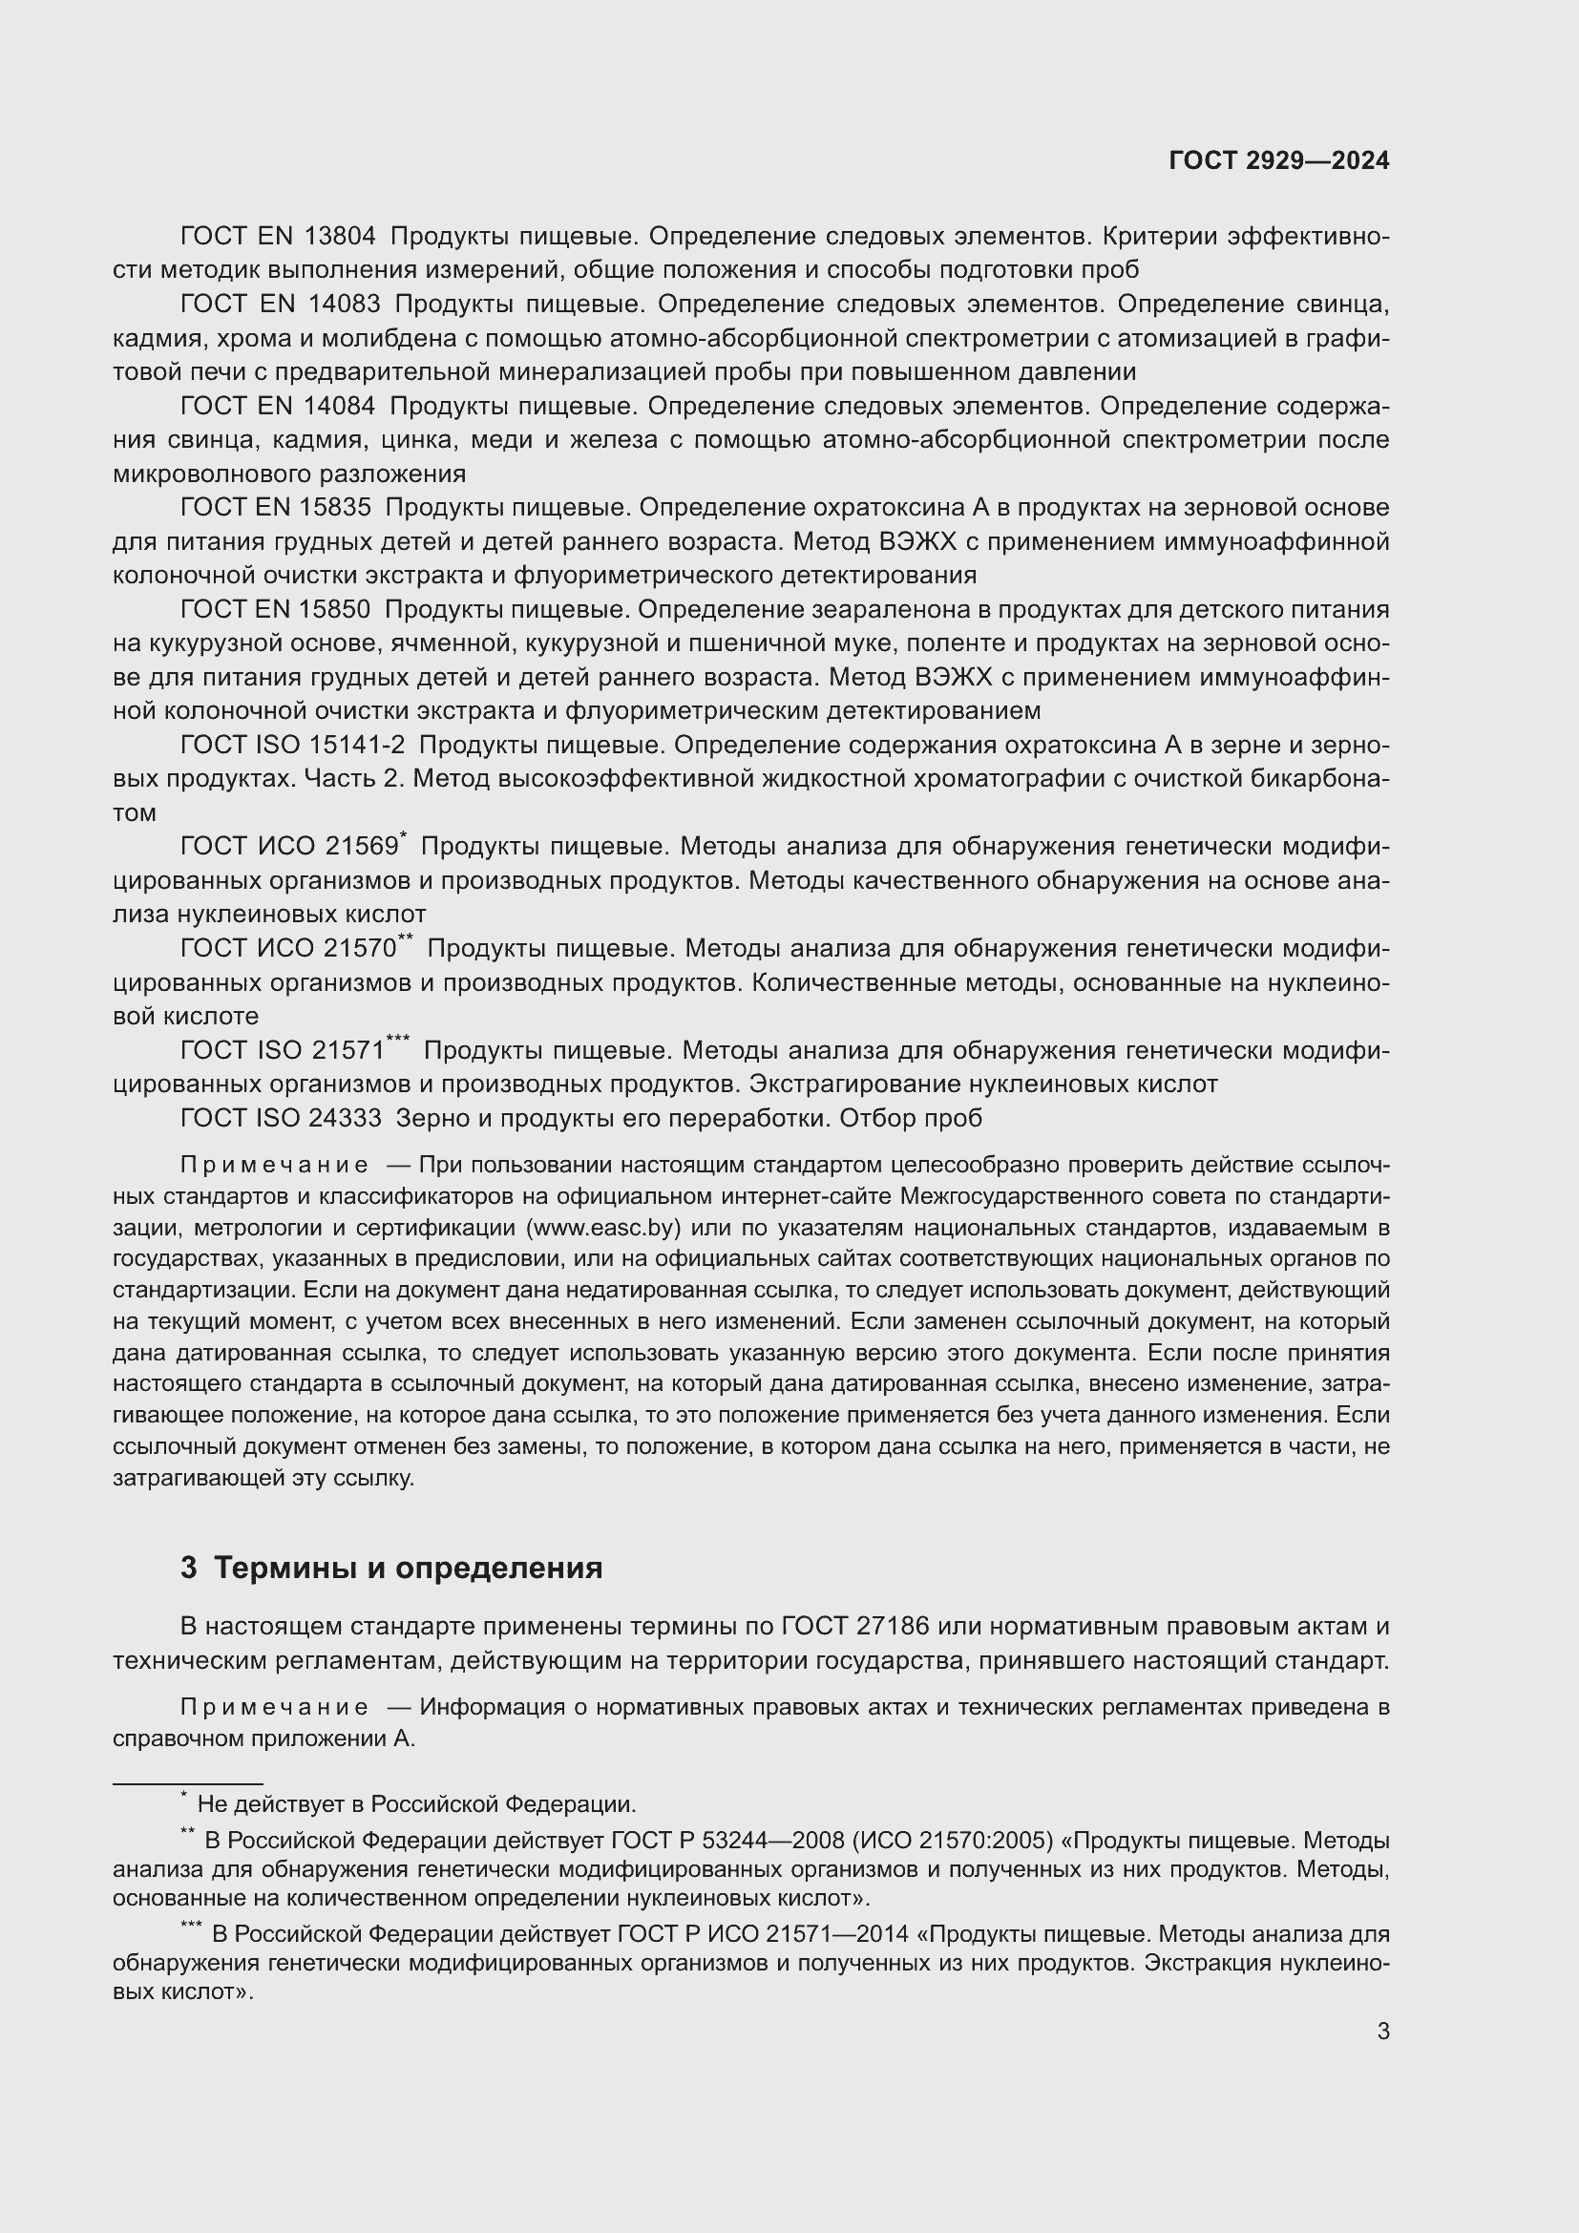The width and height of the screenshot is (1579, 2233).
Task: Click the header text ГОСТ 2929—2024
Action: [x=1278, y=161]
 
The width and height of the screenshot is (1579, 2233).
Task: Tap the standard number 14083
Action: [x=344, y=305]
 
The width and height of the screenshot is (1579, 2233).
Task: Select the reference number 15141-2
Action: [x=356, y=745]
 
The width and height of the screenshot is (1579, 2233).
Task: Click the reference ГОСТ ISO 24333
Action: [x=281, y=1119]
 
